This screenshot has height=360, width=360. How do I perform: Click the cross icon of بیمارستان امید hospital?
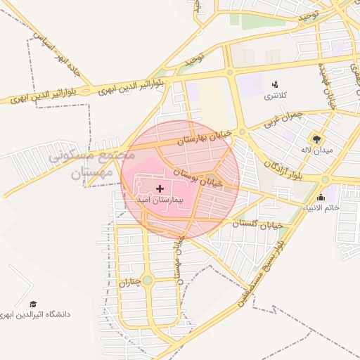pyautogui.click(x=160, y=188)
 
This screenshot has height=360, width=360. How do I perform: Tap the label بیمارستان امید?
pyautogui.click(x=160, y=200)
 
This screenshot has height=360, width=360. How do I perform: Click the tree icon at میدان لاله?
pyautogui.click(x=315, y=139)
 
